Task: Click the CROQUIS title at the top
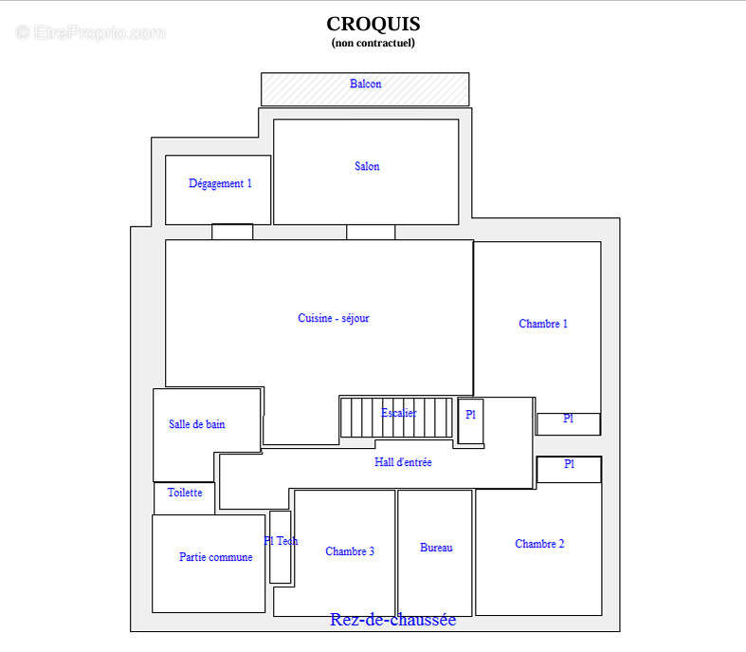click(373, 24)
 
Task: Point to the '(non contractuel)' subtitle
click(373, 43)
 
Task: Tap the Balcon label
click(365, 84)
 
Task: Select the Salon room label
click(367, 167)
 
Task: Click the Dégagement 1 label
click(220, 184)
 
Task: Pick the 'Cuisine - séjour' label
click(334, 319)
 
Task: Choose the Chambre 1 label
click(543, 325)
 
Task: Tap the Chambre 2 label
click(539, 545)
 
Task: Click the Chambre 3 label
click(350, 551)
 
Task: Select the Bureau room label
click(436, 548)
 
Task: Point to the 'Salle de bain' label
click(197, 425)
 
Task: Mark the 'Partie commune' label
click(215, 558)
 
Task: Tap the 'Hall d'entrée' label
click(403, 463)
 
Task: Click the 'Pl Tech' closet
click(280, 547)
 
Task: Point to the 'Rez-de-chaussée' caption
click(392, 621)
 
